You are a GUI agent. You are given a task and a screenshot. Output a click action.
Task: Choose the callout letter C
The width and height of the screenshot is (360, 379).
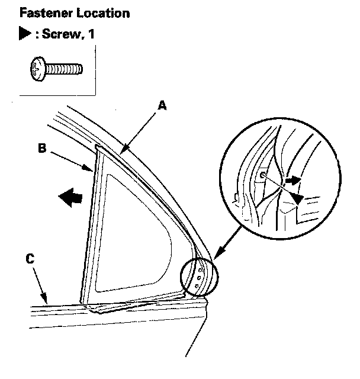30,258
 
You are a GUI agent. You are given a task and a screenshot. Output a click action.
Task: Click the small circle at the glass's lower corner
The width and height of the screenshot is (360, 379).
199,277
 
